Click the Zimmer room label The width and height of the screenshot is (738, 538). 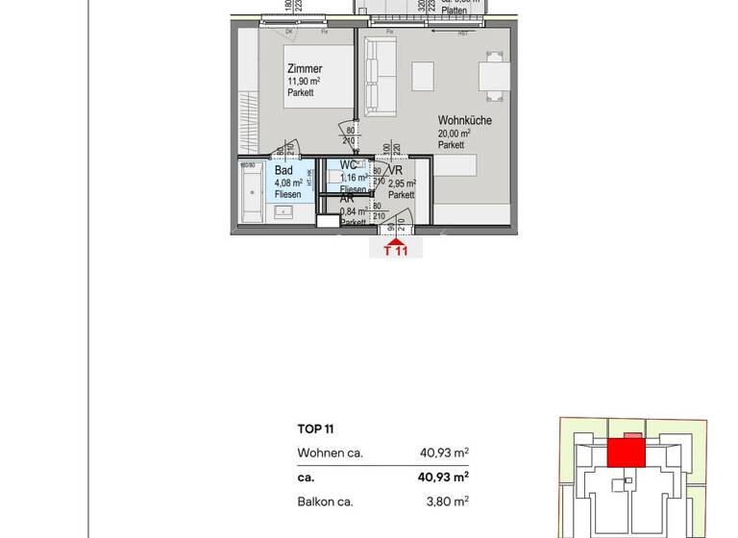point(305,69)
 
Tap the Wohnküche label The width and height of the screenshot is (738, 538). point(465,121)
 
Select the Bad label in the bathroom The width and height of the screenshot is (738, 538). point(283,170)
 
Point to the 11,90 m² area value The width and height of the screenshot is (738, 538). point(304,82)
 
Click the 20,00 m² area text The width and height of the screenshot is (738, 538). point(455,134)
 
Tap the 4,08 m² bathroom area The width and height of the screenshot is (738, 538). point(288,183)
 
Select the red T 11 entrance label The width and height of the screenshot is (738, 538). point(396,252)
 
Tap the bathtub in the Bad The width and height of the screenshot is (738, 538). point(254,192)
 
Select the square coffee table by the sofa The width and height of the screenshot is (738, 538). point(423,76)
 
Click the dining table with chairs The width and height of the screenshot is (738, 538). point(494,75)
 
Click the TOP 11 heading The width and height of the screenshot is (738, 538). point(315,429)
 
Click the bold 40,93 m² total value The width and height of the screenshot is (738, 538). point(443,477)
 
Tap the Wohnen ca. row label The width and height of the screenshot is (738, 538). point(330,452)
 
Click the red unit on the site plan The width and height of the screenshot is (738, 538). point(626,452)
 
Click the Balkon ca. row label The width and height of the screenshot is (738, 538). point(325,501)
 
